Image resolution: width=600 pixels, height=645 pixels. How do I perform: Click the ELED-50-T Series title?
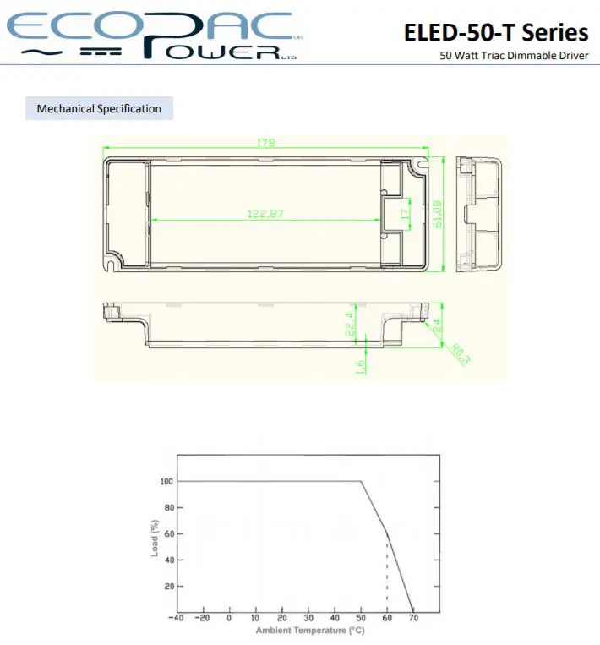[x=496, y=32]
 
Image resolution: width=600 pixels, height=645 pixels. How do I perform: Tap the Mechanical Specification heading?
[x=99, y=108]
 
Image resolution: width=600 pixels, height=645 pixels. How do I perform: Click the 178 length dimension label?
[x=265, y=143]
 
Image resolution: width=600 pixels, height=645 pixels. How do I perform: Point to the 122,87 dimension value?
[x=265, y=214]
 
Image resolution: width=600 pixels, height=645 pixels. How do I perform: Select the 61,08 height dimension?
[x=438, y=214]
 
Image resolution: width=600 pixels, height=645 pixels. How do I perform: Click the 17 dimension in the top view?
[x=406, y=214]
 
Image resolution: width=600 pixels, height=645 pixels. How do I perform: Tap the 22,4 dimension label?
[x=350, y=323]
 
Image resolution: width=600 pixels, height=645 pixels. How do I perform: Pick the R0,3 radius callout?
[x=461, y=354]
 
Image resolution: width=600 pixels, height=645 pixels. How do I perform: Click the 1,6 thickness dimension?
[x=360, y=367]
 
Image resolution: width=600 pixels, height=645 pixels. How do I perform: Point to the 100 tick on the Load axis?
[x=166, y=481]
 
